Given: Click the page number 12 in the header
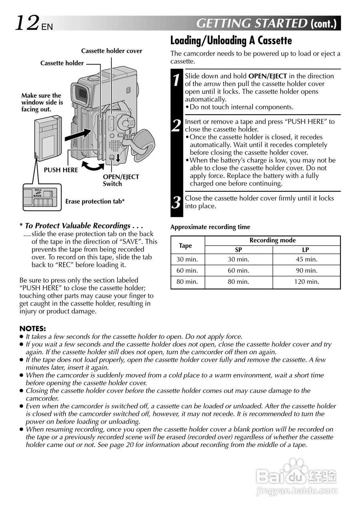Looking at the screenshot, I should click(27, 23).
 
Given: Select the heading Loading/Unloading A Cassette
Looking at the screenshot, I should click(231, 41).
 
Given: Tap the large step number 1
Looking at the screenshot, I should click(176, 79).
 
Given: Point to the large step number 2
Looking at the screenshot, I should click(176, 125).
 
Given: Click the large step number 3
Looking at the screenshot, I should click(176, 202).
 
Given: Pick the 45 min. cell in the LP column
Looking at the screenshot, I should click(306, 259).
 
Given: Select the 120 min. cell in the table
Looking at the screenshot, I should click(306, 282).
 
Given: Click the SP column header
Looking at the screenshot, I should click(238, 250).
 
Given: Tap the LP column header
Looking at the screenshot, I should click(306, 250).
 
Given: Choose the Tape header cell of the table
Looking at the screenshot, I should click(185, 246).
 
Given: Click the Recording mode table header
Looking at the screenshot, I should click(272, 240).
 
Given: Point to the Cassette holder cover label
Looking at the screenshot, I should click(111, 51).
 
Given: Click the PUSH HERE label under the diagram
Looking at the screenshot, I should click(61, 170).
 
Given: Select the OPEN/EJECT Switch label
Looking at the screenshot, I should click(121, 180).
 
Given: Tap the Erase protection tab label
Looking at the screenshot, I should click(95, 202).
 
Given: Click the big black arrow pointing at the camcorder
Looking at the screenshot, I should click(77, 135).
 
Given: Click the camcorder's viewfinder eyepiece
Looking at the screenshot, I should click(82, 94).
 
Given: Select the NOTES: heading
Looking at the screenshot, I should click(33, 329).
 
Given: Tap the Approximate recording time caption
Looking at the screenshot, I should click(210, 227).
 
